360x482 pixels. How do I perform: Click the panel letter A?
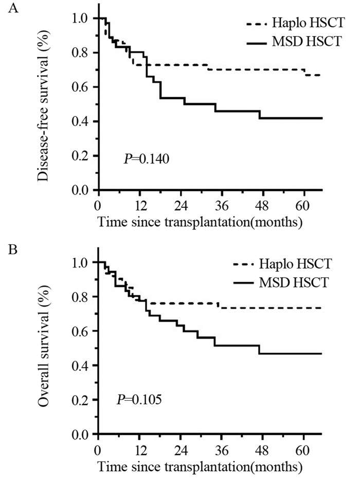[x=9, y=9]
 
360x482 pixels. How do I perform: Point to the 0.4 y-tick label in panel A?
[x=81, y=121]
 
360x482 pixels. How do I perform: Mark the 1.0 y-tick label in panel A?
[x=81, y=19]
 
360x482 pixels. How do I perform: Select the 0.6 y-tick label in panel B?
[x=81, y=331]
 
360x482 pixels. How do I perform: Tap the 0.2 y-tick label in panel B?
[x=81, y=400]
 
